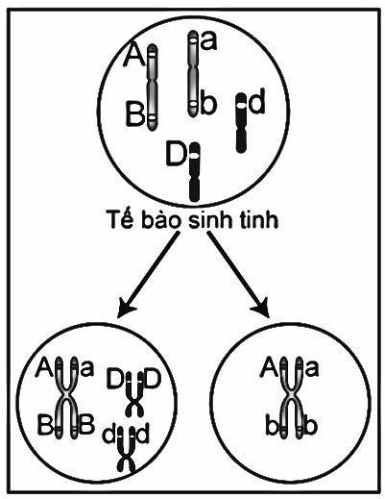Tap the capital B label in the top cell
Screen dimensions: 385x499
[x=134, y=112]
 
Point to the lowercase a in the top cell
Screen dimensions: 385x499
[x=208, y=41]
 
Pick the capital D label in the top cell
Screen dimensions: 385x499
[x=176, y=156]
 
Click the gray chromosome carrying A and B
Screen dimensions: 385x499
[x=152, y=87]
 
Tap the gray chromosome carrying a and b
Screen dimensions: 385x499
[x=193, y=74]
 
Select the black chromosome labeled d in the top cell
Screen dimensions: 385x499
[x=241, y=123]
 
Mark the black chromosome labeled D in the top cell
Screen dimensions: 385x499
[x=194, y=172]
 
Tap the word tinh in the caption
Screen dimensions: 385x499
[x=260, y=220]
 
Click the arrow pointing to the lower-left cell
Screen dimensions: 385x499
[x=147, y=275]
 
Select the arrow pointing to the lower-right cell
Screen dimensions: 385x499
[x=239, y=275]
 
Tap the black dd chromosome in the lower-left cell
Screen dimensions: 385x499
[x=127, y=451]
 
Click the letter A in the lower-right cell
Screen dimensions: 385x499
[x=269, y=369]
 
